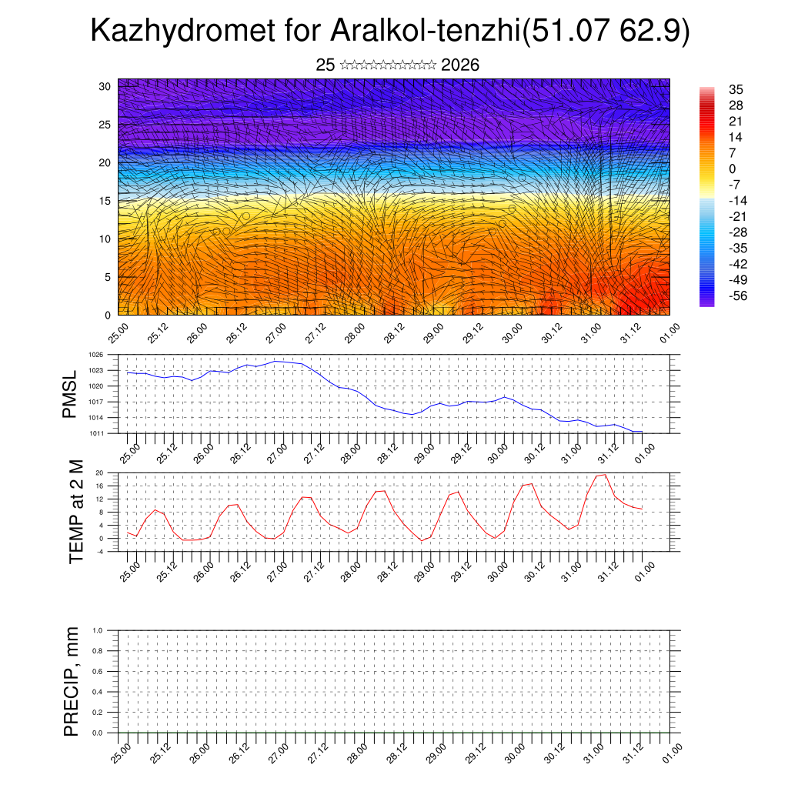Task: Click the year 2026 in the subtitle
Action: pos(460,65)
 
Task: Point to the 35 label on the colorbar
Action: pos(736,89)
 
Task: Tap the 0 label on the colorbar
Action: pos(733,169)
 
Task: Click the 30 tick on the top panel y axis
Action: pos(105,86)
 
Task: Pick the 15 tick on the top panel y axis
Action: pos(105,201)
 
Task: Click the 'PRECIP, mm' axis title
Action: pos(72,681)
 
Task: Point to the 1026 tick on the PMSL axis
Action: pos(96,355)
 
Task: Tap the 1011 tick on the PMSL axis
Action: pos(96,433)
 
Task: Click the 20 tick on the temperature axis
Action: pos(99,472)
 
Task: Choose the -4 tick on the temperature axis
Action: pos(99,551)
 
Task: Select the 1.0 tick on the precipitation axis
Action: pos(98,629)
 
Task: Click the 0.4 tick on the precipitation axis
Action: pos(98,692)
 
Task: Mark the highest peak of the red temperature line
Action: pos(605,474)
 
